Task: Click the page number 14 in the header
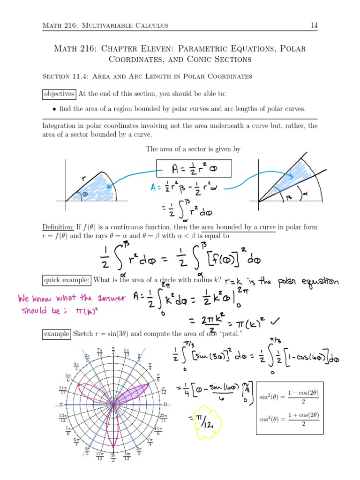[314, 25]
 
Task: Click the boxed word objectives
[59, 94]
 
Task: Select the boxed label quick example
[66, 280]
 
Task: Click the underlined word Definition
[58, 227]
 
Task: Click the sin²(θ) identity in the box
[289, 397]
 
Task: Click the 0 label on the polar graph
[165, 404]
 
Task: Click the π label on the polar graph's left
[61, 404]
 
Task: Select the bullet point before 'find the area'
[55, 109]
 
